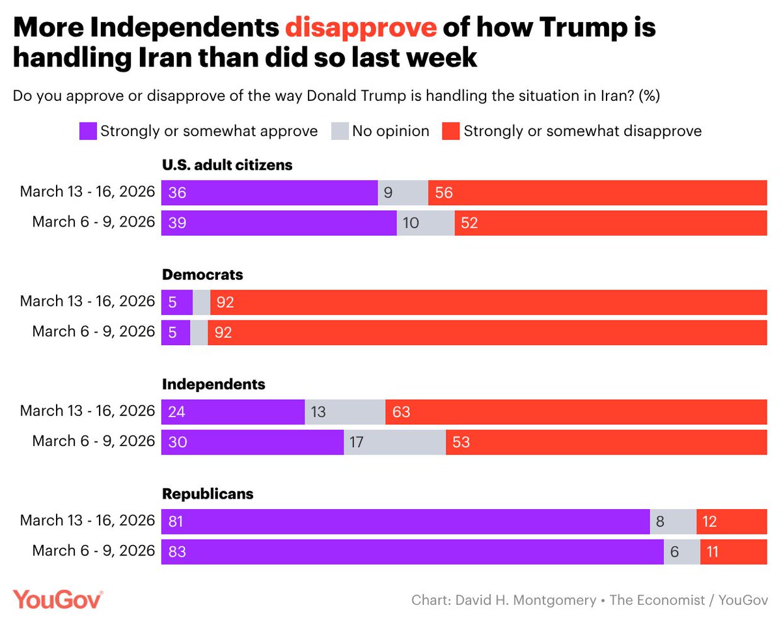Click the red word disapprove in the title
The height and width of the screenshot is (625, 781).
(361, 29)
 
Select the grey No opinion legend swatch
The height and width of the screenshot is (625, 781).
(340, 131)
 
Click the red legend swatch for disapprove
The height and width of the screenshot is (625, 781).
(451, 131)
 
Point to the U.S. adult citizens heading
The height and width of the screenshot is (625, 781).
(227, 165)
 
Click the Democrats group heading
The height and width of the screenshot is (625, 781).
(202, 275)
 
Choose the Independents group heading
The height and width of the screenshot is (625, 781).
(213, 384)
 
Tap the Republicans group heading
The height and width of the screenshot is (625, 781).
(208, 493)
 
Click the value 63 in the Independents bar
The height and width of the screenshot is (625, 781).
(402, 411)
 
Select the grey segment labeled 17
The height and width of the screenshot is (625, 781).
(394, 442)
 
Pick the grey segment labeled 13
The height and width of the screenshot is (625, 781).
(345, 411)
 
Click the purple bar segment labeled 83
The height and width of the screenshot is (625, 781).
(412, 551)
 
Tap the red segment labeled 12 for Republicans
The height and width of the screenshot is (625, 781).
(732, 521)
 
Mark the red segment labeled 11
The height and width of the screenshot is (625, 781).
(733, 551)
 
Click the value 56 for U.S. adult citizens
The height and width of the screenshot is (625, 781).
(444, 193)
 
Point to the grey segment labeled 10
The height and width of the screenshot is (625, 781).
(426, 223)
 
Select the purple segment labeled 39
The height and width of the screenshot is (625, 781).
(279, 223)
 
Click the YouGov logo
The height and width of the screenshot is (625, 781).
(58, 600)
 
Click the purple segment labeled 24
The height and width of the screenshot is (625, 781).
(233, 411)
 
